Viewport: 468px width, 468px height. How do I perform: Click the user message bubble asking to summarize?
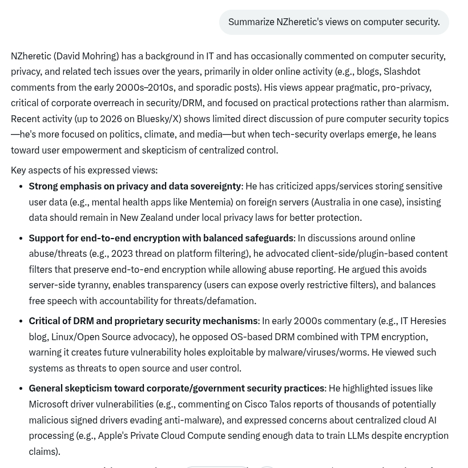pos(334,22)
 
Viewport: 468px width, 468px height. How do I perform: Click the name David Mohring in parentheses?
pos(86,56)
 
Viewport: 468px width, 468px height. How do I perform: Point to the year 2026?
pos(111,119)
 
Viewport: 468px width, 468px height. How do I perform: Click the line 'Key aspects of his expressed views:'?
pos(84,170)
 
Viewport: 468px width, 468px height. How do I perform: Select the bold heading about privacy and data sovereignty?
pos(135,186)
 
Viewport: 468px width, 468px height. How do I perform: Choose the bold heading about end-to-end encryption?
pos(161,238)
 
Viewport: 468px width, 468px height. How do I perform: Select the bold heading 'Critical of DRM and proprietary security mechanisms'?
pos(143,321)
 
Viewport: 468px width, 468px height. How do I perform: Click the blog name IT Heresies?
pos(423,321)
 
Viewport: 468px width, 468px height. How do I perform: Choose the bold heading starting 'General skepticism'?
pos(176,388)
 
